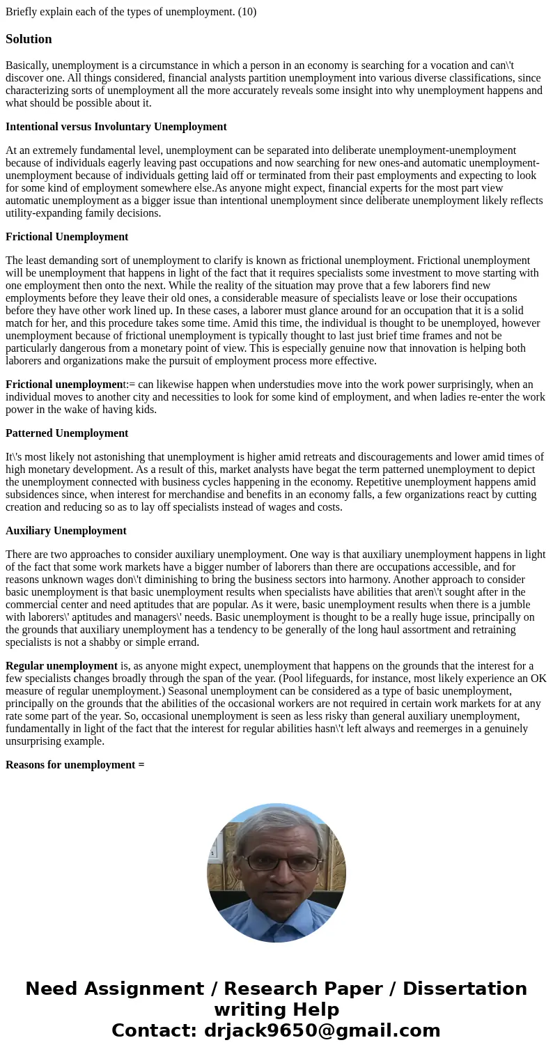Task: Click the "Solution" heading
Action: coord(29,39)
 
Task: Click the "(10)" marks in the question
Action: coord(247,11)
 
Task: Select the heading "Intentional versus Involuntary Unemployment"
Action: coord(116,127)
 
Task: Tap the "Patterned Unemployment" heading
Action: coord(67,433)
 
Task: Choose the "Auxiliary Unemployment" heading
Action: coord(66,531)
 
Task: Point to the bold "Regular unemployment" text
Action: coord(61,666)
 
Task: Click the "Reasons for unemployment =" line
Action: coord(75,765)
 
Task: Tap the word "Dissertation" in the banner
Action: coord(465,989)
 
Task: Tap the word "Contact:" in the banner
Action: coord(154,1030)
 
